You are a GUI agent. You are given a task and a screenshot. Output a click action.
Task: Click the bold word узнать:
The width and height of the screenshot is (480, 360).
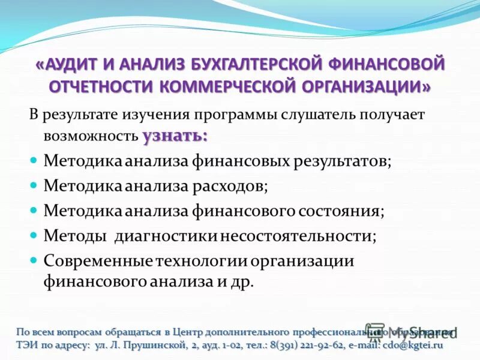175,136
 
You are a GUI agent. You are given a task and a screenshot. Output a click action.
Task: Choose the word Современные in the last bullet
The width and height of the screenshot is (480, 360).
99,262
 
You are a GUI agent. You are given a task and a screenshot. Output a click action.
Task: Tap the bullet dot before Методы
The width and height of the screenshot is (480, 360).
34,235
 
